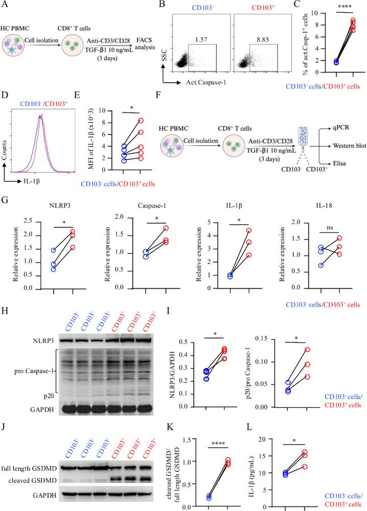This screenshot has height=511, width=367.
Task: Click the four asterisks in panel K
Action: click(x=218, y=439)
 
